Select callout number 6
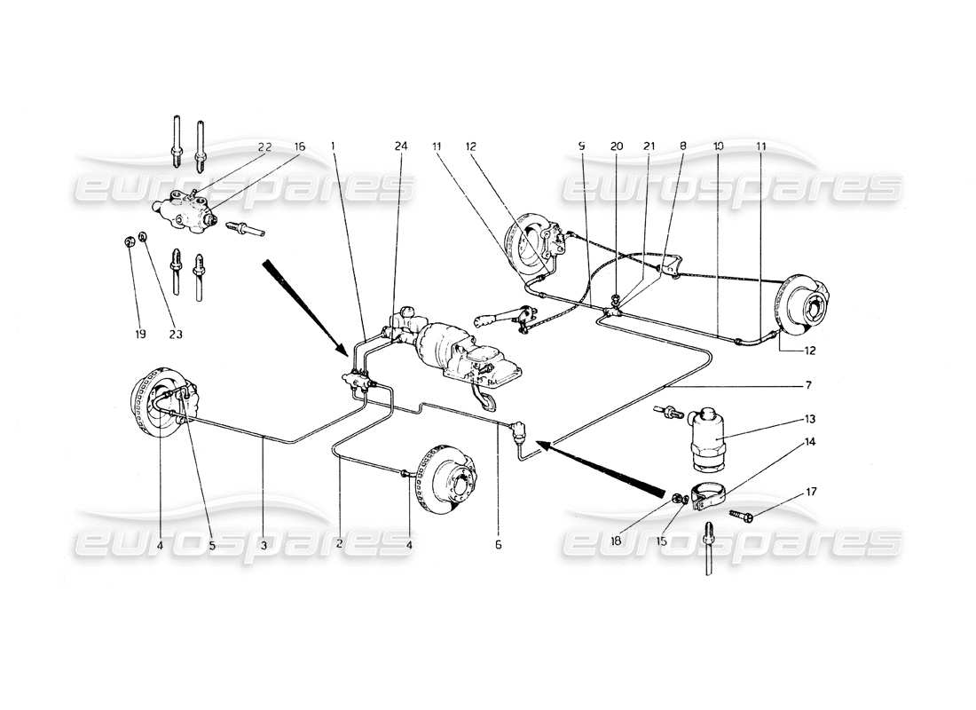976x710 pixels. coord(498,545)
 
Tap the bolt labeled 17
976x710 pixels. coord(742,514)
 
